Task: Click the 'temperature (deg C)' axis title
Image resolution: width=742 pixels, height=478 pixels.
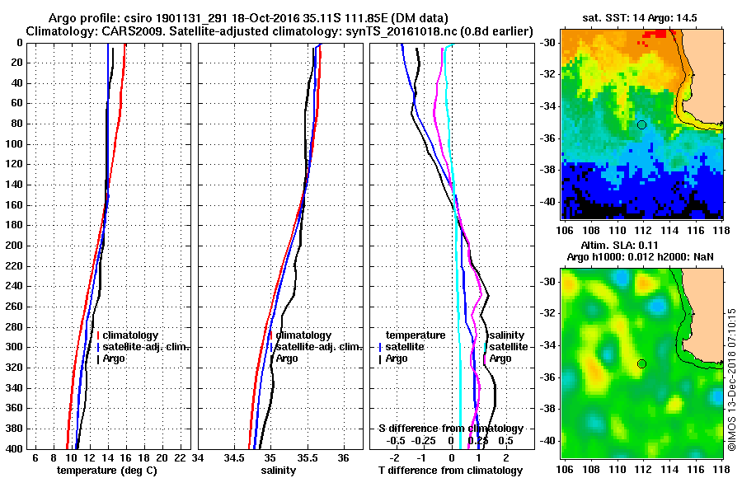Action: click(106, 471)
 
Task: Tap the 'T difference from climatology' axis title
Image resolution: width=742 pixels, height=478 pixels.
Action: click(450, 471)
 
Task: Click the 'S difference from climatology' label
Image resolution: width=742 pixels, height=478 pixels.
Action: click(450, 429)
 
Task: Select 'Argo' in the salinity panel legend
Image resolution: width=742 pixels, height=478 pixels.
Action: click(288, 358)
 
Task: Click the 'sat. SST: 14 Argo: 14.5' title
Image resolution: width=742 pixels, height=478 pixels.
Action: click(641, 18)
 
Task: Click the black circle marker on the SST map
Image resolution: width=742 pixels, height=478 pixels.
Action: click(641, 124)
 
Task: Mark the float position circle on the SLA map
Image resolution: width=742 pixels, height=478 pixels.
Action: click(641, 363)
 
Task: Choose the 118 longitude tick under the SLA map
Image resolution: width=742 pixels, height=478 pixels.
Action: click(723, 468)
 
